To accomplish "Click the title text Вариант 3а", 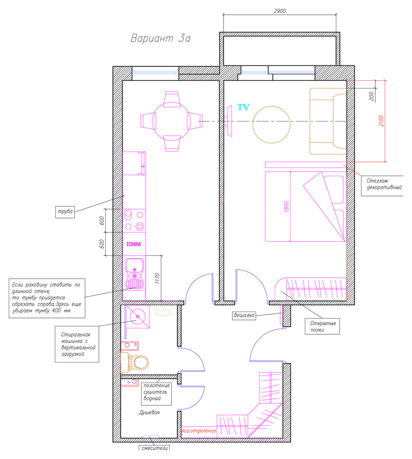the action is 161,38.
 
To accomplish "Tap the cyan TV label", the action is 243,108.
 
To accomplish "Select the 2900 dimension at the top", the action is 280,11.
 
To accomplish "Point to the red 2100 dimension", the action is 381,121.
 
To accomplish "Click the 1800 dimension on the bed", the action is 287,207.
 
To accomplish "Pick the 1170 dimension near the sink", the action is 157,278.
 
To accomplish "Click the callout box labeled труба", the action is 65,211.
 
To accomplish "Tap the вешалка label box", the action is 244,315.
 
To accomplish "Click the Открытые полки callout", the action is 322,326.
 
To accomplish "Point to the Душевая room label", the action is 149,413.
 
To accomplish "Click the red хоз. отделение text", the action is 199,431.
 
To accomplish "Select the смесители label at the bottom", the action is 154,448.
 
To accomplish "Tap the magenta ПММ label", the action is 134,244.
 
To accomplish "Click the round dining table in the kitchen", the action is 172,121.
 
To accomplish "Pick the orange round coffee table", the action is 271,124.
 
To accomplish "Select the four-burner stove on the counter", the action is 134,220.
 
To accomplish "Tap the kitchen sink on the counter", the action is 135,273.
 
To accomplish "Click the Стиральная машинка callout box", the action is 77,344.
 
